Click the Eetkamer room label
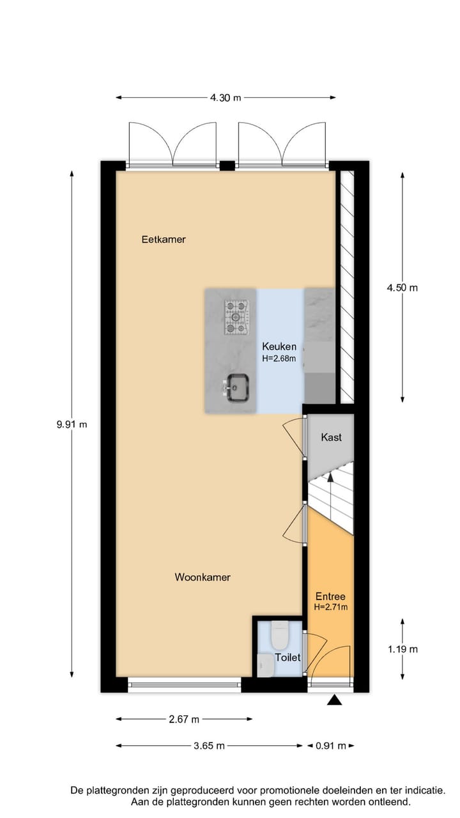(x=164, y=240)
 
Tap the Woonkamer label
(x=203, y=577)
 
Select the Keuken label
(x=279, y=347)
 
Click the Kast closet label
(x=331, y=437)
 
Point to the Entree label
(x=330, y=596)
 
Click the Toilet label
(x=287, y=657)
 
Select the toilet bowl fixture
(x=280, y=635)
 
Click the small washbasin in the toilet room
(x=265, y=665)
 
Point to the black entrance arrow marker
(x=334, y=701)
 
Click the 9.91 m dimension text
(x=72, y=424)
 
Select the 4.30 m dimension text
(x=226, y=98)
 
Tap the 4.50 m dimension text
(x=402, y=288)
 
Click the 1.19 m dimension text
(x=402, y=649)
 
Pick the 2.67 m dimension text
(x=184, y=720)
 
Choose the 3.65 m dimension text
(x=209, y=746)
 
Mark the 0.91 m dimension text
(x=330, y=746)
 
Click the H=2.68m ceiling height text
(x=279, y=359)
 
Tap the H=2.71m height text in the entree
(x=330, y=607)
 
